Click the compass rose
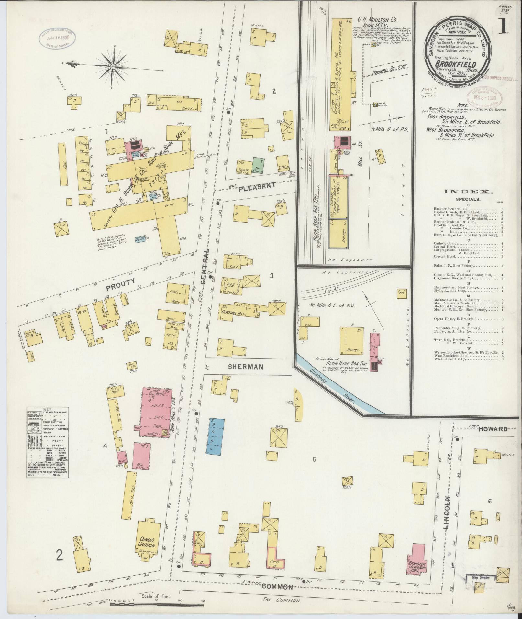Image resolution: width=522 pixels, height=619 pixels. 113,67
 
